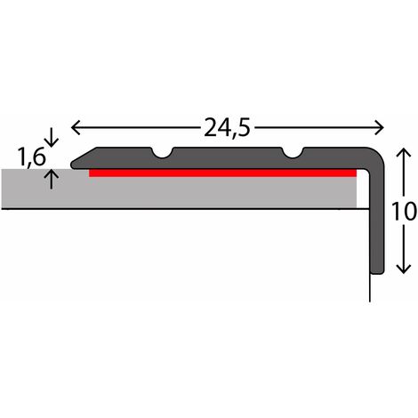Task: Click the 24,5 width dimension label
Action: tap(227, 128)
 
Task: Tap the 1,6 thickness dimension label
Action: tap(32, 157)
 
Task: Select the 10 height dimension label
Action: tap(404, 211)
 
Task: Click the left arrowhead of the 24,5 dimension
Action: tap(76, 128)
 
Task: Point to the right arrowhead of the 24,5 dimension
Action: tap(380, 128)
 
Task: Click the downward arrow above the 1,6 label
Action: tap(52, 137)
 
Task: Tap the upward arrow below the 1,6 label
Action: tap(52, 179)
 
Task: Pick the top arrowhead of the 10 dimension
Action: tap(404, 153)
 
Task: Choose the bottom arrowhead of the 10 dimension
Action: tap(404, 269)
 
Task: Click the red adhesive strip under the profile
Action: tap(222, 173)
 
